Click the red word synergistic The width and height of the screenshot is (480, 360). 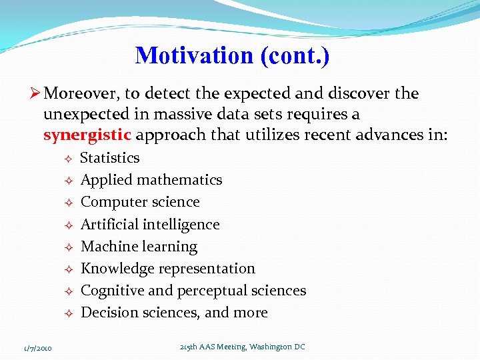[x=87, y=135]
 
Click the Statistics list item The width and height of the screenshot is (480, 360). [x=110, y=158]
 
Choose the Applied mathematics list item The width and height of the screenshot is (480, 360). [x=151, y=180]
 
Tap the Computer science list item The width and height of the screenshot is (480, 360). [x=140, y=202]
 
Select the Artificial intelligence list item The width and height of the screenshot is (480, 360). [x=150, y=225]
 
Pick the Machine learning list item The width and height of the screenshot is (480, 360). [x=139, y=247]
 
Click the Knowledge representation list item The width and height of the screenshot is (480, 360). [x=168, y=269]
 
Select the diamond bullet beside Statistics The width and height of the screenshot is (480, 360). [x=68, y=159]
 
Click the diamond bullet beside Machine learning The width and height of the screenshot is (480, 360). [x=68, y=247]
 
